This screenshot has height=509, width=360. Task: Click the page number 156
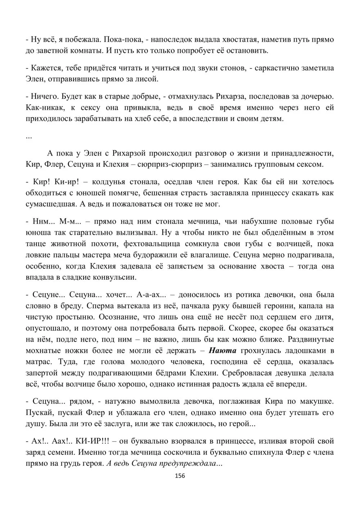tap(180, 476)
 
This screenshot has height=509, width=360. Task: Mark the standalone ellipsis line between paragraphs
tap(29, 136)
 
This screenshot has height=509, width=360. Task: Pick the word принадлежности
tap(304, 153)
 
